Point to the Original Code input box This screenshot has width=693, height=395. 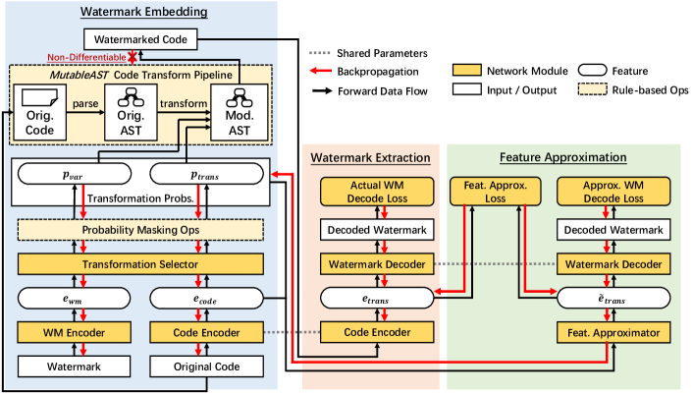point(207,366)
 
